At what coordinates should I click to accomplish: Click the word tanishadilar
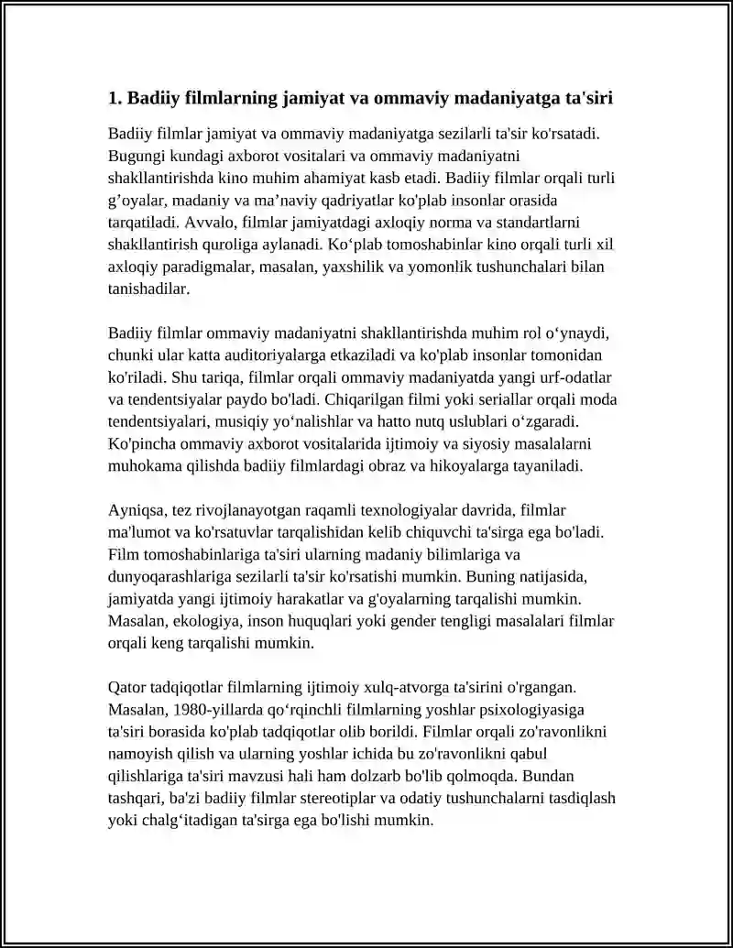click(148, 289)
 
